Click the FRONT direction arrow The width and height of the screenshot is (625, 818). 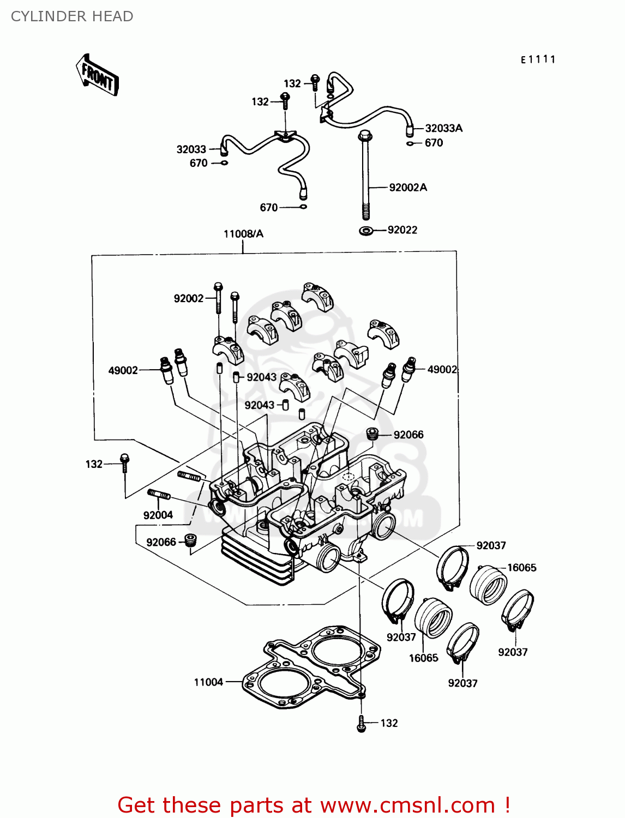[x=97, y=75]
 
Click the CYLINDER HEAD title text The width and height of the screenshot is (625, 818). [x=72, y=16]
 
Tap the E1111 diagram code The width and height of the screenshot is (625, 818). [x=538, y=59]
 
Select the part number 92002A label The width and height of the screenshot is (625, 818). [x=408, y=188]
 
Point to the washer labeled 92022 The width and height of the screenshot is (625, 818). [x=366, y=231]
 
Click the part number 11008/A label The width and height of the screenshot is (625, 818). [x=243, y=234]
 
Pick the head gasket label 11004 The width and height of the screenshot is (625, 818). [x=208, y=682]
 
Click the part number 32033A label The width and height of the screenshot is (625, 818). [x=443, y=128]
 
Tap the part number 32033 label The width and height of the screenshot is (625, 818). [x=191, y=149]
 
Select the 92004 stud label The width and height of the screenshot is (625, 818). [x=158, y=515]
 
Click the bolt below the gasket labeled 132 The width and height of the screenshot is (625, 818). [x=361, y=724]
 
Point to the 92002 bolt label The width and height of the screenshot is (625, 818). [x=189, y=298]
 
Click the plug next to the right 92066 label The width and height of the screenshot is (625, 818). [x=372, y=434]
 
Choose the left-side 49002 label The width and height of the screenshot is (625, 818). [x=123, y=371]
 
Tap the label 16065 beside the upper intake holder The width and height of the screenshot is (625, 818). [x=521, y=568]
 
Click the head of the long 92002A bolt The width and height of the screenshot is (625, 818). [x=365, y=135]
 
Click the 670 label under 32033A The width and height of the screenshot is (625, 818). [x=434, y=143]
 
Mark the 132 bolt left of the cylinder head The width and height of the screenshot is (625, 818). [x=124, y=461]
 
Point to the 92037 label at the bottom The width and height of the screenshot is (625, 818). [x=462, y=683]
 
